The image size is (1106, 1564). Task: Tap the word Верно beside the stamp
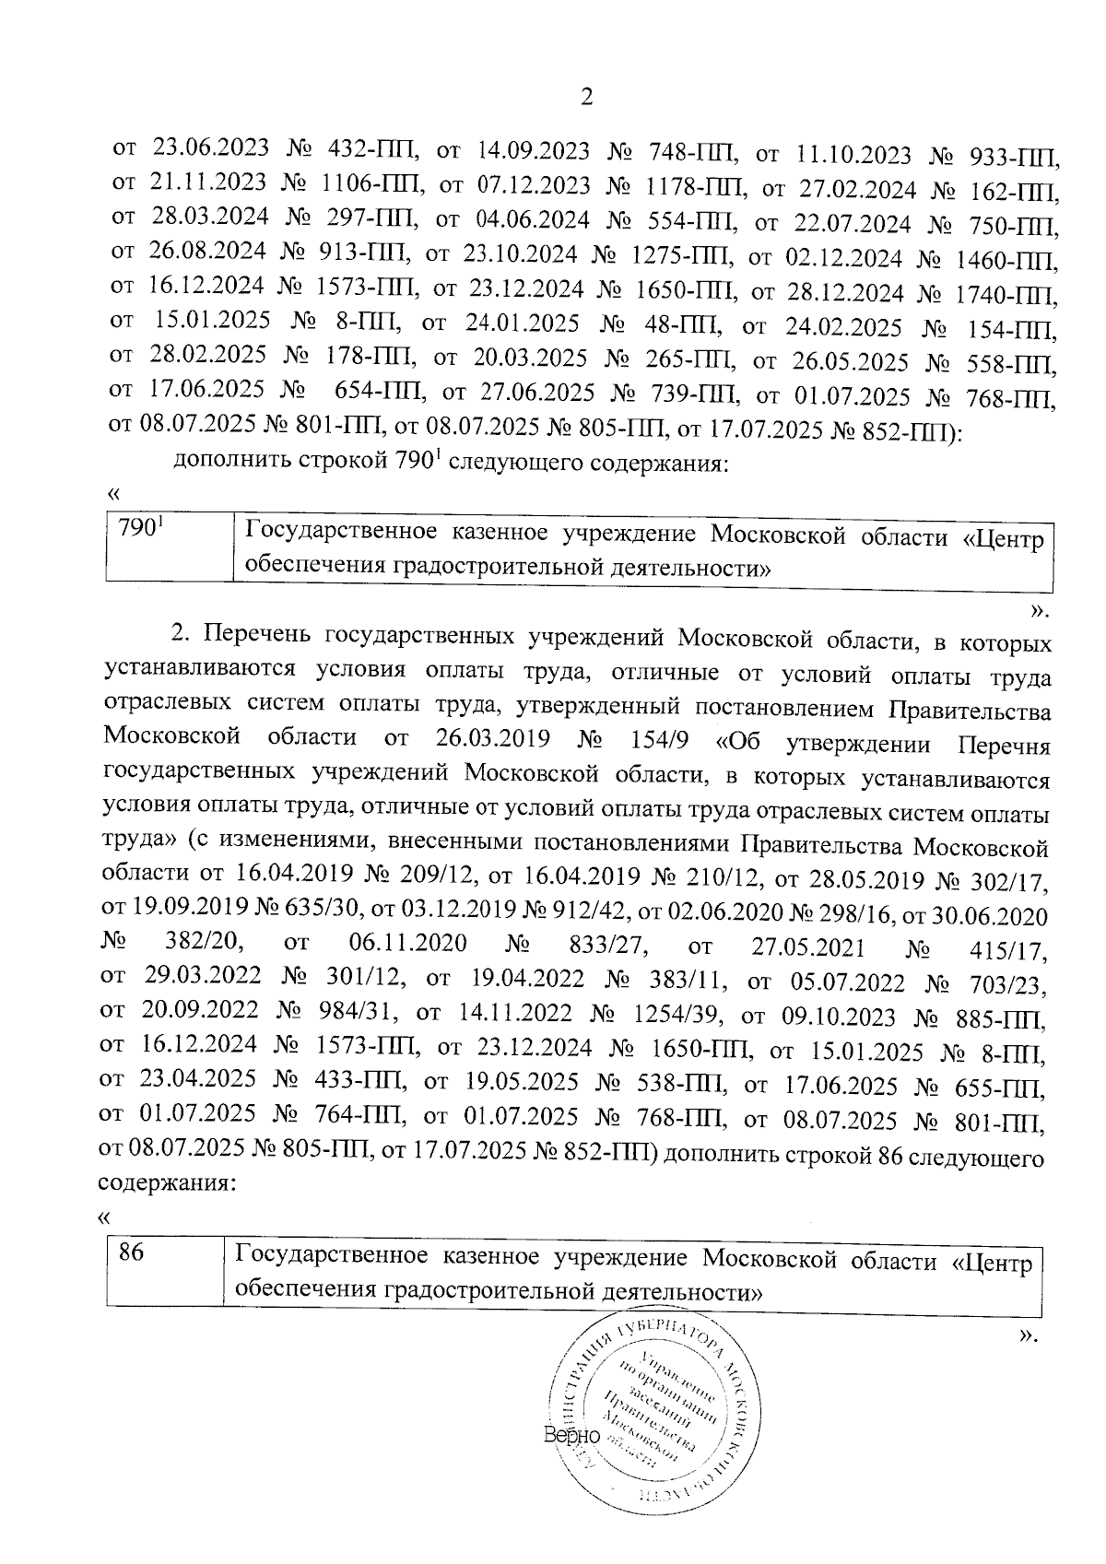(571, 1436)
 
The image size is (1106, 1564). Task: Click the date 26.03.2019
(489, 739)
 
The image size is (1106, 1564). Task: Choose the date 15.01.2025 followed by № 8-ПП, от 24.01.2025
(213, 322)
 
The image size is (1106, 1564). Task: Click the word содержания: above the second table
(167, 1183)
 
